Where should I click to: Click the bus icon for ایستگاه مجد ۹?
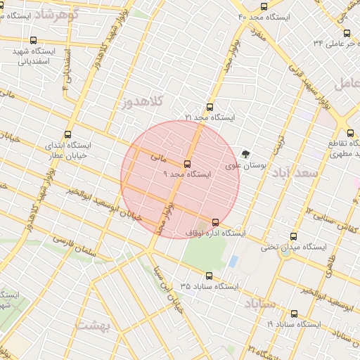(x=186, y=163)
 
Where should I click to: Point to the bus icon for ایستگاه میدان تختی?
(x=293, y=237)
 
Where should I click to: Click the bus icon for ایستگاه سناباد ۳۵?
(x=208, y=276)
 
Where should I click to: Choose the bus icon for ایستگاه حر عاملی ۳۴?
(x=347, y=33)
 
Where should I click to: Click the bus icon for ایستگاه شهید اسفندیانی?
(x=34, y=41)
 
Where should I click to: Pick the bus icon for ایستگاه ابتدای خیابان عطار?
(x=68, y=134)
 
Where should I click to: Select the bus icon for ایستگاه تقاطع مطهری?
(x=351, y=131)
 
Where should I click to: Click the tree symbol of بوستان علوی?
(x=245, y=155)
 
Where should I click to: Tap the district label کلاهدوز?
(x=141, y=103)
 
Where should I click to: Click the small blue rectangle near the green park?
(x=233, y=260)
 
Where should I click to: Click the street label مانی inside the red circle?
(x=159, y=158)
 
